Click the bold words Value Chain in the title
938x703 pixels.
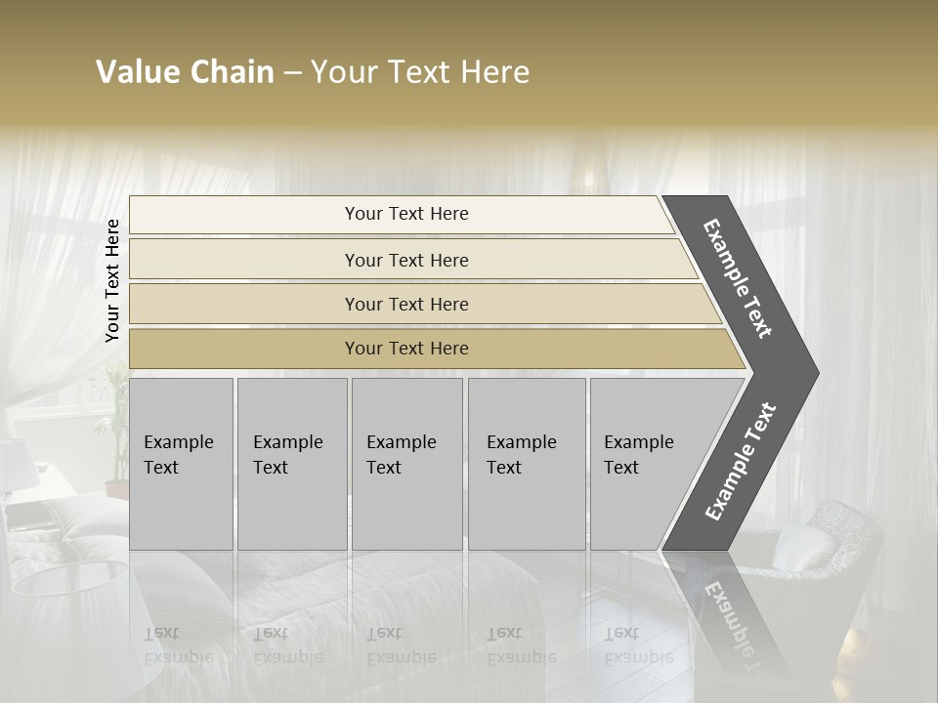[185, 72]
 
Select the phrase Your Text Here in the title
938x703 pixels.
[420, 72]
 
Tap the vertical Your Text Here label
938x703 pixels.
[112, 280]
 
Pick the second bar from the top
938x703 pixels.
[406, 260]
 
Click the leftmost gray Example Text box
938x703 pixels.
[181, 463]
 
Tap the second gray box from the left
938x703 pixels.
[291, 463]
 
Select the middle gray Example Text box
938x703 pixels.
[406, 463]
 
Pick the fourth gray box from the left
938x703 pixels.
[526, 463]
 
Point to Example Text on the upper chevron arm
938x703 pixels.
[738, 278]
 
